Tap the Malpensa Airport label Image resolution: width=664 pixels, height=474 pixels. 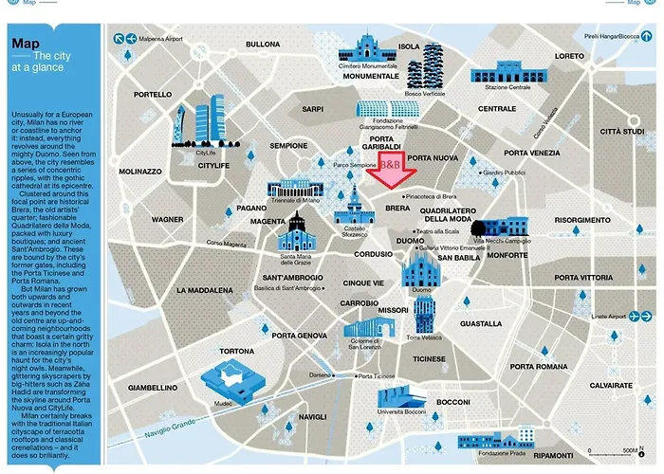click(158, 39)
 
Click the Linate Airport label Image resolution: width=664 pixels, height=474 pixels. click(608, 316)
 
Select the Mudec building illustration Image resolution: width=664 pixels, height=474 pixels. click(231, 384)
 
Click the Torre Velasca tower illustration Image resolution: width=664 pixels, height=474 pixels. click(423, 313)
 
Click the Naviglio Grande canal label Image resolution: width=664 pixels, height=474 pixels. click(169, 418)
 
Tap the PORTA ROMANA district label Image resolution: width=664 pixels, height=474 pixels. click(538, 366)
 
